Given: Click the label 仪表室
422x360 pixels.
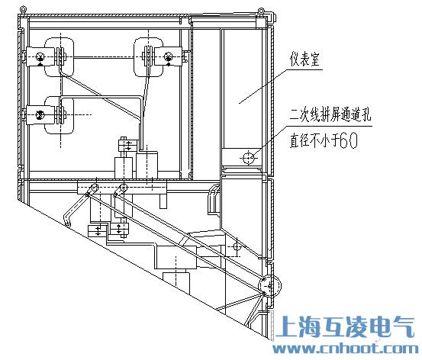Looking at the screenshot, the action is (x=304, y=59).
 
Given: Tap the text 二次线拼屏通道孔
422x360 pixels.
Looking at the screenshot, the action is (x=330, y=115).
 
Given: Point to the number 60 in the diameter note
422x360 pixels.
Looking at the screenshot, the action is (x=349, y=140).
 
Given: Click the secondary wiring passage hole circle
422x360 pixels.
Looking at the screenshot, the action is (x=248, y=158).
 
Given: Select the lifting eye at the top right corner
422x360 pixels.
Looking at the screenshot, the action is (x=261, y=11).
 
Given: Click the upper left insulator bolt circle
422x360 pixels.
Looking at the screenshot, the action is (x=40, y=56).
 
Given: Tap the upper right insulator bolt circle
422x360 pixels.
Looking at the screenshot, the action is (x=169, y=57).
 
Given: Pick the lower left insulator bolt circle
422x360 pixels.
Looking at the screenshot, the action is (x=40, y=115).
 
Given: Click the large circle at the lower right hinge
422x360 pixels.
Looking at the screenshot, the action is (x=270, y=286).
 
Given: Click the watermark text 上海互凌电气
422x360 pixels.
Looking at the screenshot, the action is (x=345, y=326).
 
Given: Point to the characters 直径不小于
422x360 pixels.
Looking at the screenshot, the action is (x=314, y=140).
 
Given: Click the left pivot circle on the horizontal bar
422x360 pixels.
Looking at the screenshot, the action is (x=95, y=188).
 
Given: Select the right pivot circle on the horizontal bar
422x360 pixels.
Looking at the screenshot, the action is (x=124, y=188).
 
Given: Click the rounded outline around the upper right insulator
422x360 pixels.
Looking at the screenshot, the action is (x=149, y=56).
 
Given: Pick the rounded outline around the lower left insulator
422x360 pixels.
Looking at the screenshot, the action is (x=59, y=115).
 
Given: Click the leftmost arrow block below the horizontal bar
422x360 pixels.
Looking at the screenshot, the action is (x=98, y=231).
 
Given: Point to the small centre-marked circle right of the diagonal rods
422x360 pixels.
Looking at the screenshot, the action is (x=237, y=246).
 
